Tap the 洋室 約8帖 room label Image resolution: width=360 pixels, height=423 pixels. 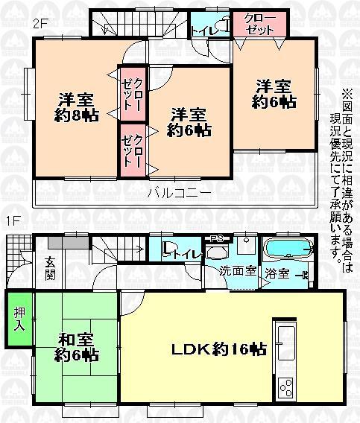75,107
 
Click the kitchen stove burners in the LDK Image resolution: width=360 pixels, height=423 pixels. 286,387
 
